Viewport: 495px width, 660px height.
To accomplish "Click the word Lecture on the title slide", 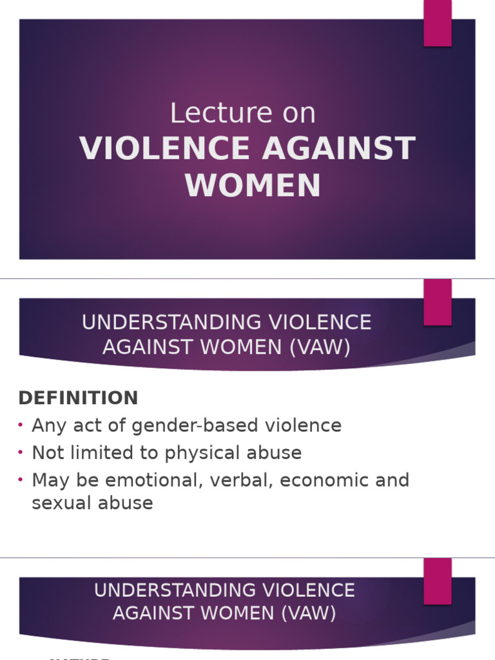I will [x=211, y=114].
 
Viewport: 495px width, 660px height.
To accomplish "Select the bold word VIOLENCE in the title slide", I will [x=164, y=149].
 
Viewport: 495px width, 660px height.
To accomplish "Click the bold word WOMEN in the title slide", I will [x=253, y=185].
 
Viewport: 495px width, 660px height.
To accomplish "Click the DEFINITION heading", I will [x=78, y=398].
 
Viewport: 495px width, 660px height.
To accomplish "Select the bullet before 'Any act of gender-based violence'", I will [x=21, y=425].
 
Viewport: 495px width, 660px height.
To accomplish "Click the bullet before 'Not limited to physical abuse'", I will [x=21, y=452].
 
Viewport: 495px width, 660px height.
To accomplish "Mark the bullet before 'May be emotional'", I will [x=21, y=480].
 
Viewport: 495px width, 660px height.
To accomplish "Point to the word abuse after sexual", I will [x=130, y=503].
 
